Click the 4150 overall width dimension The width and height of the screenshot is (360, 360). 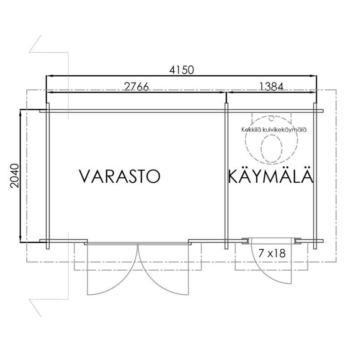pos(181,70)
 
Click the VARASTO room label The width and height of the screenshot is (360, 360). pos(120,176)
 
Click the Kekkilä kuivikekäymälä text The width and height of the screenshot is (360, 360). pos(274,130)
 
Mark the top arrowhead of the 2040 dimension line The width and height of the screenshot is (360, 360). pos(20,112)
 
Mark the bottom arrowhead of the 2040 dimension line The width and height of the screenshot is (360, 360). pos(20,240)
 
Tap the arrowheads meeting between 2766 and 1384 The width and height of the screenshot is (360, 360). pos(226,93)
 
